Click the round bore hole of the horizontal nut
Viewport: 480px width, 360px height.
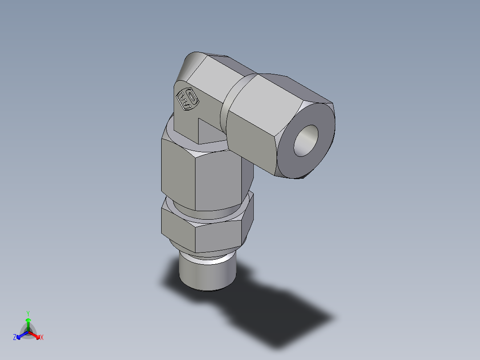pyautogui.click(x=306, y=140)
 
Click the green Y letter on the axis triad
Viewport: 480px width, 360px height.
pyautogui.click(x=28, y=313)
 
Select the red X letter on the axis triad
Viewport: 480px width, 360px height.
pyautogui.click(x=42, y=338)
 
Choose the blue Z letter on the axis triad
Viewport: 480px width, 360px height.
pyautogui.click(x=15, y=338)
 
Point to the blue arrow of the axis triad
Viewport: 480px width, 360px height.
pyautogui.click(x=21, y=335)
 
